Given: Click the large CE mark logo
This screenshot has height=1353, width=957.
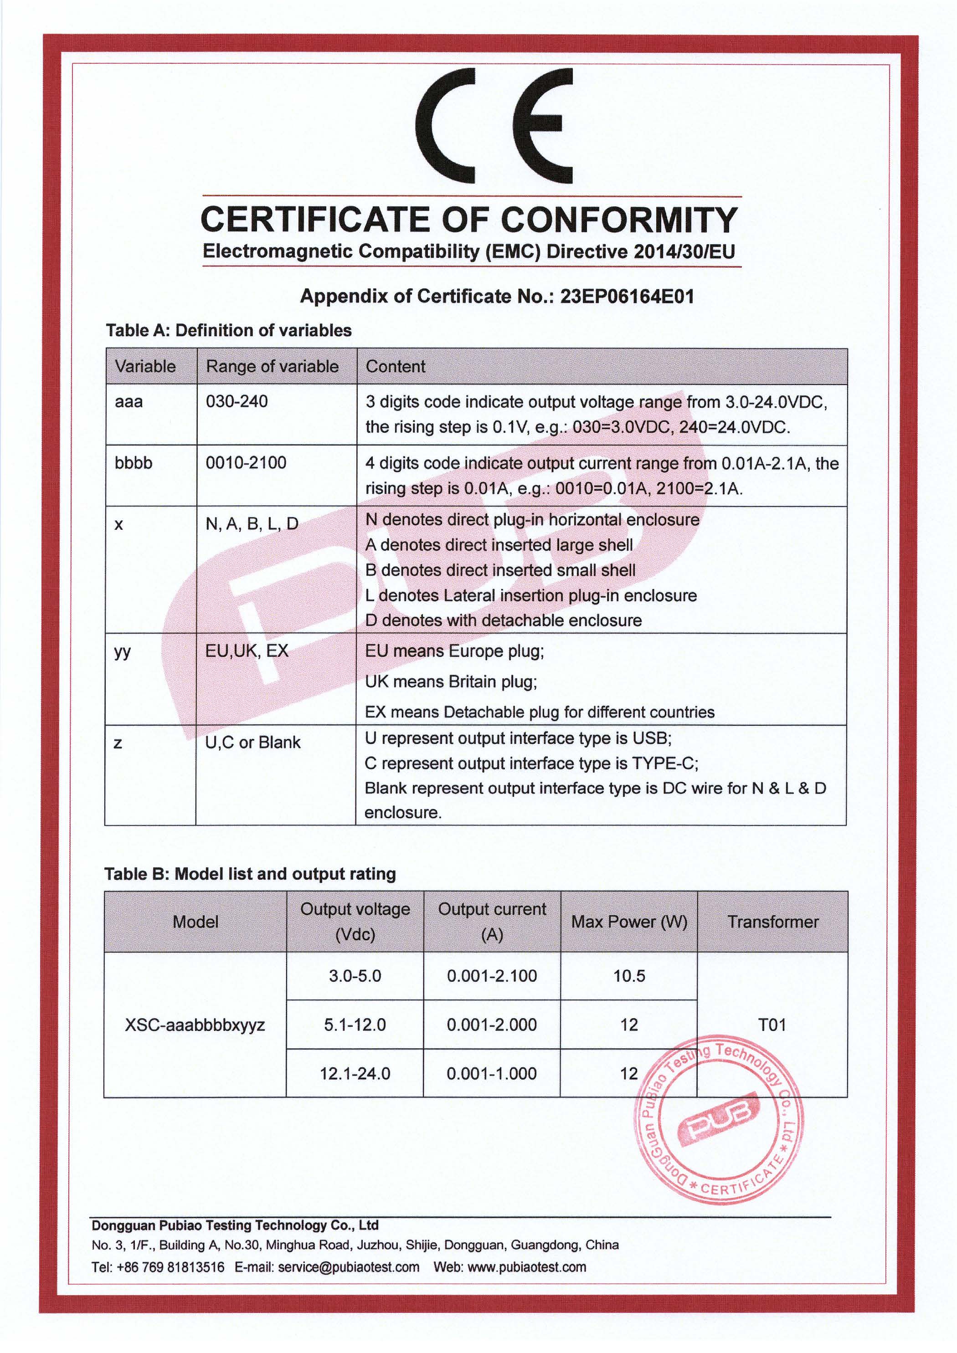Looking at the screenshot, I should (x=494, y=126).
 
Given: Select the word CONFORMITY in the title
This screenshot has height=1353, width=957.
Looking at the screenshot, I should (x=619, y=220).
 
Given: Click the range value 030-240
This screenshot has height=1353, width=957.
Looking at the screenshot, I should (x=237, y=401).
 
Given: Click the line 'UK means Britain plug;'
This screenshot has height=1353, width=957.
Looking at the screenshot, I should (x=451, y=682).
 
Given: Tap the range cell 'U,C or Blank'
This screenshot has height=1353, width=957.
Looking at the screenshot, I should (x=252, y=743).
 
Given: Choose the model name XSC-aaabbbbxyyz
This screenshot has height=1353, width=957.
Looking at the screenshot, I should (x=195, y=1025).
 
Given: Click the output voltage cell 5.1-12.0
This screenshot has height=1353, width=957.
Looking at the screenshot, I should (x=355, y=1025).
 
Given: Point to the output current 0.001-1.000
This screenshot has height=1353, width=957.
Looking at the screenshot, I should (x=492, y=1073).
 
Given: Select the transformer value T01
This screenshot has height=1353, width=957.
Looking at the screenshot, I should (x=772, y=1025).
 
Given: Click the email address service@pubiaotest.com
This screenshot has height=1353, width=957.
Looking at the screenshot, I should (x=349, y=1267).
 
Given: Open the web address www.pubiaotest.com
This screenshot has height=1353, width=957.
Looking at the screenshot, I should (x=526, y=1267).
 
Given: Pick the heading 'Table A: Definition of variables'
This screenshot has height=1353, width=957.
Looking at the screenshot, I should (x=229, y=331).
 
